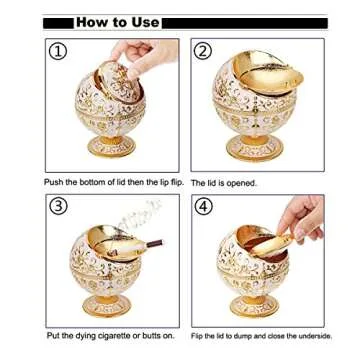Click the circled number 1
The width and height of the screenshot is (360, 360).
coord(58,51)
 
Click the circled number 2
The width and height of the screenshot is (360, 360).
coord(203,51)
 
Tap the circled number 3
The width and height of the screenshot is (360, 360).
coord(58,207)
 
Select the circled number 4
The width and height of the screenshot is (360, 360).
coord(203,207)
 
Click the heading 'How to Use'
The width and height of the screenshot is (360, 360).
coord(116,21)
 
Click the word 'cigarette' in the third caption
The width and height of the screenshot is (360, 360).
coord(113,336)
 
